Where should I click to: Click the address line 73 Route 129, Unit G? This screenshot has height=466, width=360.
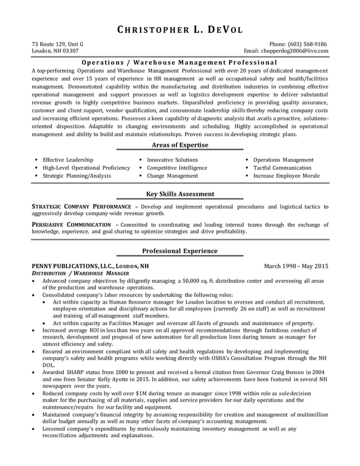(58, 44)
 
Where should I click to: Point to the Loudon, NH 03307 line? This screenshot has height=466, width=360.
(55, 51)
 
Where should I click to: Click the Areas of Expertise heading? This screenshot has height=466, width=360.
(180, 145)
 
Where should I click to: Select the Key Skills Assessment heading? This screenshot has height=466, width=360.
(180, 194)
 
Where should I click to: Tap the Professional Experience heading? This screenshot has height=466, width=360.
(180, 251)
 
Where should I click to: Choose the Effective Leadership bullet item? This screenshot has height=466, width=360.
(68, 160)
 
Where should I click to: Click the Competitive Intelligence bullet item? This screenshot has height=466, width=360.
(177, 168)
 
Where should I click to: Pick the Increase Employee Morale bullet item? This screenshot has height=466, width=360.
(286, 176)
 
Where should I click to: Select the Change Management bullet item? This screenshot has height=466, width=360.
(172, 176)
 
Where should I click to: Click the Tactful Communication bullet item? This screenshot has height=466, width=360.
(282, 168)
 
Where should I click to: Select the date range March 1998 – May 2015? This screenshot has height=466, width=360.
(296, 266)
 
